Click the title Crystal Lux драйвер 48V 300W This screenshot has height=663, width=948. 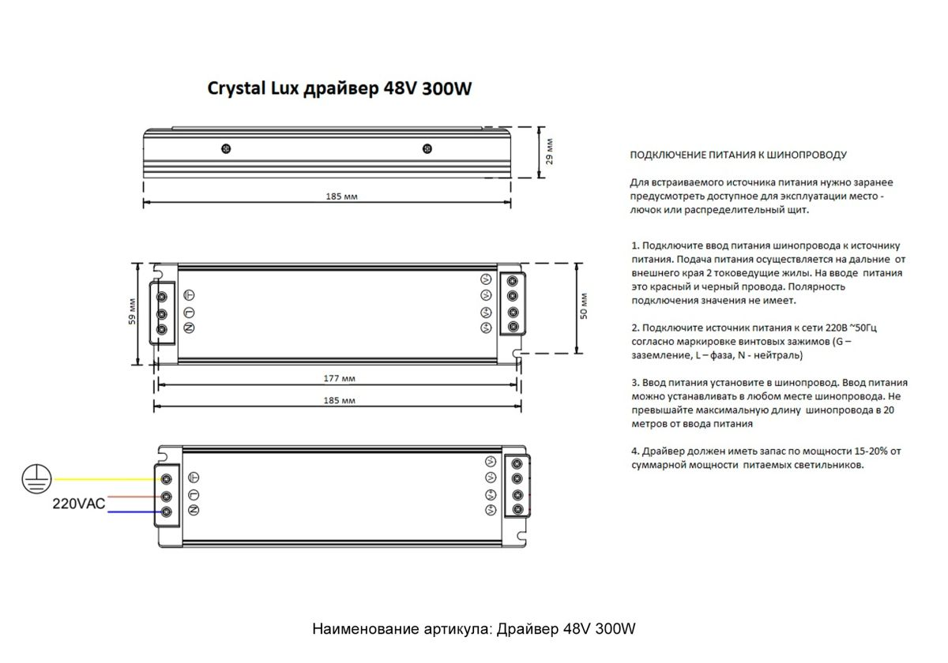point(339,88)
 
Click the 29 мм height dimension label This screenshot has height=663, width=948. point(550,151)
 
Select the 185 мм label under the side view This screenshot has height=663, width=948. point(340,197)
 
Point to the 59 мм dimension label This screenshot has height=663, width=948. point(133,312)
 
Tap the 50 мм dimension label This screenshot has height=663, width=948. point(584,308)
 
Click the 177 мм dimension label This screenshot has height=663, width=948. point(339,379)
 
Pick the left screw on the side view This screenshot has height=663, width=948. point(226,148)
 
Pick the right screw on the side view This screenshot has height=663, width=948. point(427,148)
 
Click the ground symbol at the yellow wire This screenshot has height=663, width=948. point(36,479)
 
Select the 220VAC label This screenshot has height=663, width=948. point(79,504)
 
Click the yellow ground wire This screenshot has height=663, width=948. point(103,479)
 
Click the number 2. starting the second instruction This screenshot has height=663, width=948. point(635,328)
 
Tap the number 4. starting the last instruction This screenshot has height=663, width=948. point(635,451)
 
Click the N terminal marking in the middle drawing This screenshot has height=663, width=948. point(190,328)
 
